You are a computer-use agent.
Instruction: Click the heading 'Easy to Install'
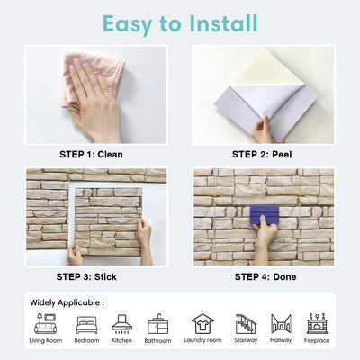click(x=180, y=22)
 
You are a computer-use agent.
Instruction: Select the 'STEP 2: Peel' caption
click(x=263, y=154)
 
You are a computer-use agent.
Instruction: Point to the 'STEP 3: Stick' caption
click(x=95, y=277)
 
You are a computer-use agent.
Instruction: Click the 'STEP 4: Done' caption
click(x=263, y=277)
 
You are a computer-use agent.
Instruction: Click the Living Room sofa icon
click(x=45, y=324)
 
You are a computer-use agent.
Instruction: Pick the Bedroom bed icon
click(x=87, y=324)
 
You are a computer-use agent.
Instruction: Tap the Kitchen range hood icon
click(x=121, y=324)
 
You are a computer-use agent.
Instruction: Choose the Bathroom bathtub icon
click(x=158, y=324)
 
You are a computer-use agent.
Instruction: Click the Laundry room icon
click(x=202, y=324)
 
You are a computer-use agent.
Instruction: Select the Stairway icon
click(x=246, y=324)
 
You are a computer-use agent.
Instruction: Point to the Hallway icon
click(x=281, y=324)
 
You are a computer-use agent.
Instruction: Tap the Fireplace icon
click(x=316, y=324)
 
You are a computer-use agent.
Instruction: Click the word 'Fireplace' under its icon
click(x=316, y=341)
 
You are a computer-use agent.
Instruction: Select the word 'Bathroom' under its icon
click(x=158, y=341)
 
